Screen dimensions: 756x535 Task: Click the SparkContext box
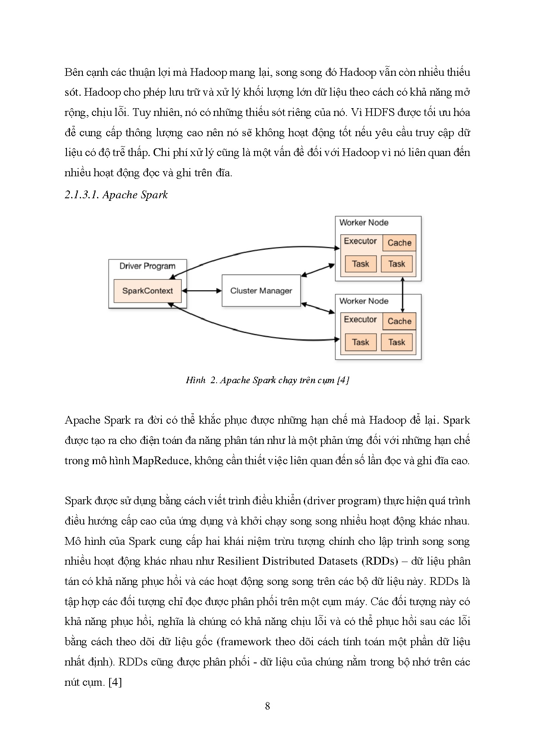pyautogui.click(x=147, y=291)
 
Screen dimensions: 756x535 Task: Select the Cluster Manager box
pyautogui.click(x=261, y=291)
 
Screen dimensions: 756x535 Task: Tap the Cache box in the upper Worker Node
pyautogui.click(x=399, y=243)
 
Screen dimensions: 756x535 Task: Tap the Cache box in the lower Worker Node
pyautogui.click(x=399, y=321)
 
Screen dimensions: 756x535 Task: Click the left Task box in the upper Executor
pyautogui.click(x=360, y=264)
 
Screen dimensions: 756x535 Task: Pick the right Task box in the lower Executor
pyautogui.click(x=397, y=342)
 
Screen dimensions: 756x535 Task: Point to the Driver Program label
pyautogui.click(x=147, y=266)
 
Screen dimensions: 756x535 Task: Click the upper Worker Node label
pyautogui.click(x=364, y=223)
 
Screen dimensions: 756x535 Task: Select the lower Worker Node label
pyautogui.click(x=364, y=301)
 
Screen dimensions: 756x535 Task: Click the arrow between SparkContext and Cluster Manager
pyautogui.click(x=201, y=291)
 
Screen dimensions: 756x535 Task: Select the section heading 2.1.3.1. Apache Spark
pyautogui.click(x=116, y=195)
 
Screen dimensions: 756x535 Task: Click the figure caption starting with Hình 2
pyautogui.click(x=267, y=380)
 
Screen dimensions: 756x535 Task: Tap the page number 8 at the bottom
pyautogui.click(x=267, y=706)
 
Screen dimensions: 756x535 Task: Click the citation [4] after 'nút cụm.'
pyautogui.click(x=115, y=682)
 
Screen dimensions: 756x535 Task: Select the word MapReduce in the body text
pyautogui.click(x=160, y=460)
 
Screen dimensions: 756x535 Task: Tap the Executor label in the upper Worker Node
pyautogui.click(x=360, y=241)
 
